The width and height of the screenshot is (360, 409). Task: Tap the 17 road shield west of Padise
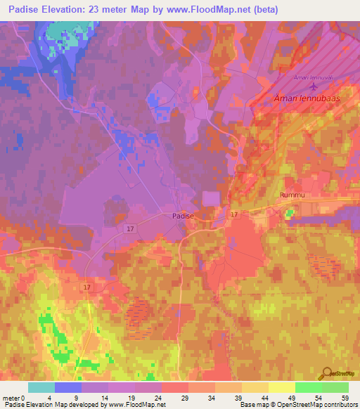pos(131,228)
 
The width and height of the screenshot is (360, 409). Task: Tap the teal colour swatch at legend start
pos(41,387)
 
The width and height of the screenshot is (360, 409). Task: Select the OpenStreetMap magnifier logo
pos(328,375)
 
